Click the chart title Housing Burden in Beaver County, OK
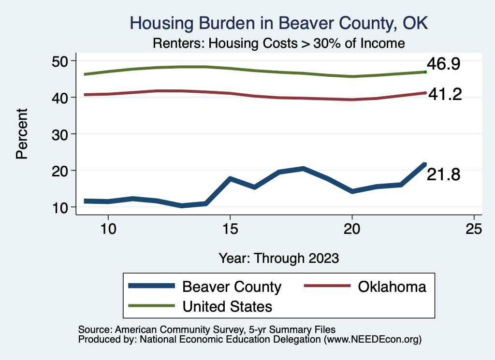279,23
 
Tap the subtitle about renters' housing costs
278,43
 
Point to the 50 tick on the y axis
61,61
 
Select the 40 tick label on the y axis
61,97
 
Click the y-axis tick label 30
61,134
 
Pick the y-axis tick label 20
61,171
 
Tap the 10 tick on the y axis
61,207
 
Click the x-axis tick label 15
230,229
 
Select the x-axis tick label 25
474,229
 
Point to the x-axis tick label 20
352,229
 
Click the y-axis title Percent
22,134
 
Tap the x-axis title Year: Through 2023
278,258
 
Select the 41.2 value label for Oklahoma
445,95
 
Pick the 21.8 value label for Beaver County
443,175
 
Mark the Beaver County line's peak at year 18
303,168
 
